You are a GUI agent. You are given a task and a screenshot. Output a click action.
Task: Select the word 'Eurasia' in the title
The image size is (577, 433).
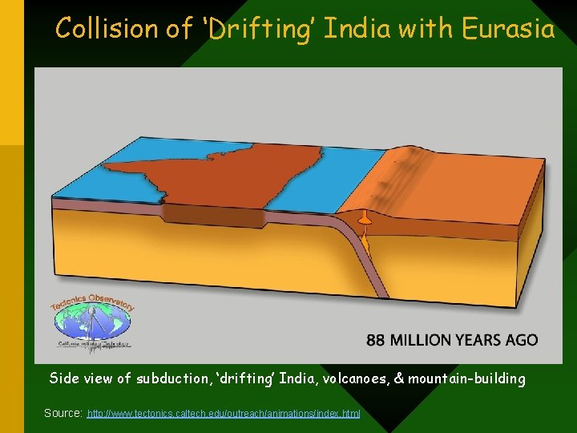pyautogui.click(x=508, y=30)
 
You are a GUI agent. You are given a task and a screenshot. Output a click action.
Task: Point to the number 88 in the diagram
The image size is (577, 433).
pyautogui.click(x=377, y=340)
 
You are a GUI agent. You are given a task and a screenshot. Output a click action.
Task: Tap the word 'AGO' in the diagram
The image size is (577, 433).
pyautogui.click(x=522, y=340)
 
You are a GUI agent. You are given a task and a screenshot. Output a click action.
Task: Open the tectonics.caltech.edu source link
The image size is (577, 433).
pyautogui.click(x=224, y=413)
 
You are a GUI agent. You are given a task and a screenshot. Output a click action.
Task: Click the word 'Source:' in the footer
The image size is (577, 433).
pyautogui.click(x=63, y=413)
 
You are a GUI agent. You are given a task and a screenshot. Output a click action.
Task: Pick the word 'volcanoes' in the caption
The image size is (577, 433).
pyautogui.click(x=353, y=378)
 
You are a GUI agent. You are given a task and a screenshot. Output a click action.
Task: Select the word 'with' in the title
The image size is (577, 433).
pyautogui.click(x=433, y=30)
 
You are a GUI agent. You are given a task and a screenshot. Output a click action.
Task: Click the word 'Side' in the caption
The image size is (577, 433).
pyautogui.click(x=64, y=378)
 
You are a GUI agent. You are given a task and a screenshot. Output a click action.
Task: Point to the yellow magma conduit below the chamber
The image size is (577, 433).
pyautogui.click(x=365, y=238)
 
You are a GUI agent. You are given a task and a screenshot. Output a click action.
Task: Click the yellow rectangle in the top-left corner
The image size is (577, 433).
pyautogui.click(x=12, y=72)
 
